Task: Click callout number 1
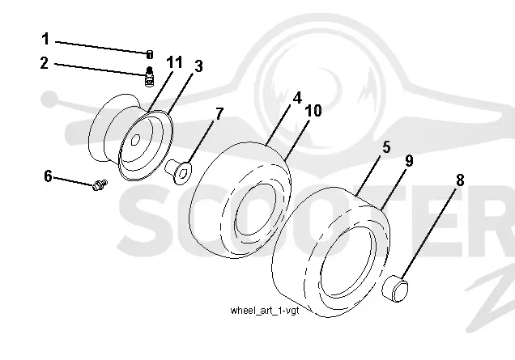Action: pyautogui.click(x=45, y=39)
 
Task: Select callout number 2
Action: pyautogui.click(x=45, y=62)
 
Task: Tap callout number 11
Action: pyautogui.click(x=174, y=62)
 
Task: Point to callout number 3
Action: pyautogui.click(x=198, y=66)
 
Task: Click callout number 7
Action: pyautogui.click(x=219, y=114)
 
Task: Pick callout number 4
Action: pyautogui.click(x=297, y=98)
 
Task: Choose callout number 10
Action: pyautogui.click(x=313, y=111)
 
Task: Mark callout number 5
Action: pyautogui.click(x=386, y=147)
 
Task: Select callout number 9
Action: pyautogui.click(x=409, y=161)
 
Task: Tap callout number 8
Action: pyautogui.click(x=460, y=180)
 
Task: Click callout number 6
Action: pyautogui.click(x=48, y=176)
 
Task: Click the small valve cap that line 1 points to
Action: pyautogui.click(x=150, y=54)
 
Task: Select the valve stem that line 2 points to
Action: pyautogui.click(x=150, y=77)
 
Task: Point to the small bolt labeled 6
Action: pyautogui.click(x=100, y=185)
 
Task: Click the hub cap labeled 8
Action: pyautogui.click(x=395, y=289)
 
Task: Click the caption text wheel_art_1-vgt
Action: pyautogui.click(x=265, y=311)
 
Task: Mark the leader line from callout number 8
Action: pyautogui.click(x=428, y=233)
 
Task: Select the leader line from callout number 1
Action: pyautogui.click(x=102, y=47)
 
